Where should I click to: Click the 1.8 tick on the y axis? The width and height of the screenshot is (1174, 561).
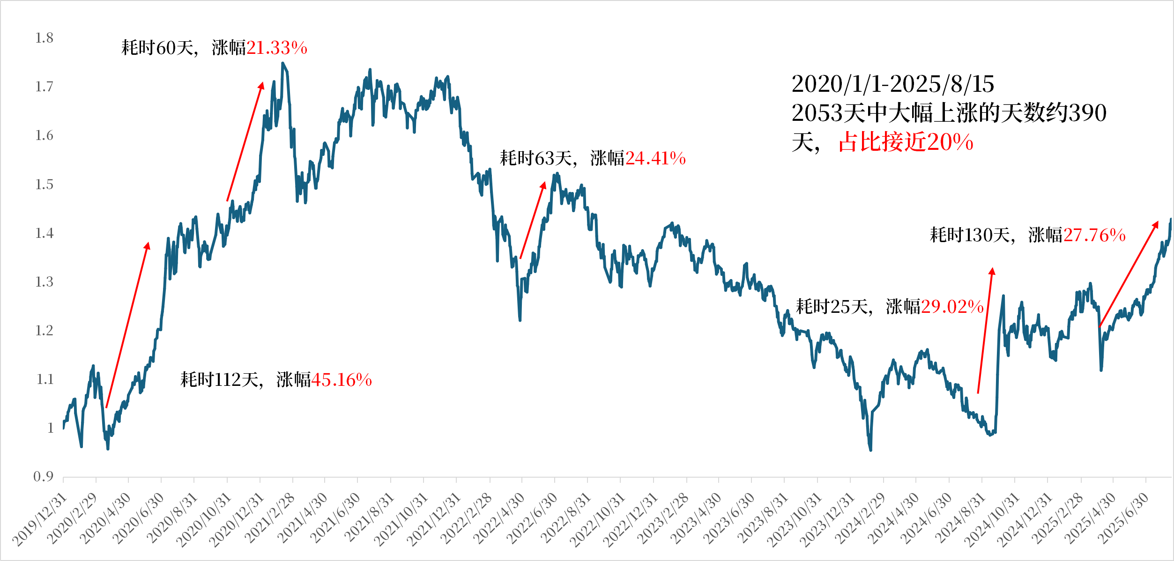(x=45, y=38)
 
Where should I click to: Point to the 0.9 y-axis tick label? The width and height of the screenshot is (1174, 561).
(x=44, y=477)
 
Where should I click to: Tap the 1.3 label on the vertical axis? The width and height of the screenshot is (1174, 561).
(x=45, y=282)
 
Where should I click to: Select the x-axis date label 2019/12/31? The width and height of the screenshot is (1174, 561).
(x=40, y=520)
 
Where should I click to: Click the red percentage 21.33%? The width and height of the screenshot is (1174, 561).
(x=277, y=48)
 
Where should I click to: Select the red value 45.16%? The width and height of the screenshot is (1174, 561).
(x=342, y=380)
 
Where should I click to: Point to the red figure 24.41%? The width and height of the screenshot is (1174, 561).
(x=655, y=158)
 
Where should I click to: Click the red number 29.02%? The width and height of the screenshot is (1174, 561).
(x=952, y=307)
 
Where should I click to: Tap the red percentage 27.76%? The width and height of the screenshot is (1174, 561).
(x=1094, y=235)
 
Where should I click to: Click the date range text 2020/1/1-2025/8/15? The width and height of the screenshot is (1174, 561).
(x=893, y=84)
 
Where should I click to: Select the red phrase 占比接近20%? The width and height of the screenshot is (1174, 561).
(x=906, y=142)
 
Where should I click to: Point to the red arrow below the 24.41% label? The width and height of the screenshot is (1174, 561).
(x=533, y=220)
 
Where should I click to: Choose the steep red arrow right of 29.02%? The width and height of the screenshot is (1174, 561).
(x=985, y=330)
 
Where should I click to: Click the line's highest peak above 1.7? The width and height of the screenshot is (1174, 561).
(x=282, y=63)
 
